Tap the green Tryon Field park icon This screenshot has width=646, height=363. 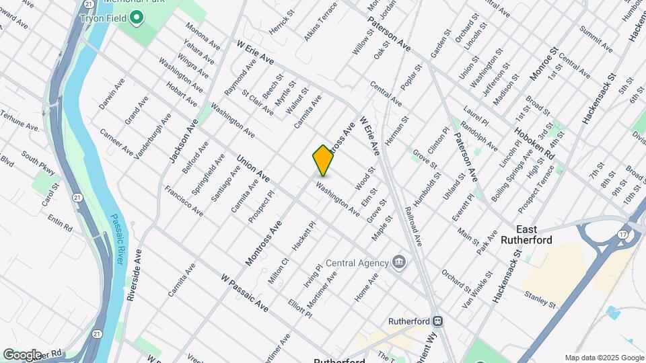pyautogui.click(x=137, y=17)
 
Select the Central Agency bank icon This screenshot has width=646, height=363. pyautogui.click(x=398, y=262)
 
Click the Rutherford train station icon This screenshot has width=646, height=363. pyautogui.click(x=437, y=321)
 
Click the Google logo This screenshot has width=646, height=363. pyautogui.click(x=22, y=354)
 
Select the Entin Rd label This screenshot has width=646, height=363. pyautogui.click(x=60, y=223)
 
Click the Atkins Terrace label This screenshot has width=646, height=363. pyautogui.click(x=320, y=21)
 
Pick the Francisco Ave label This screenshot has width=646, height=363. pyautogui.click(x=184, y=200)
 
